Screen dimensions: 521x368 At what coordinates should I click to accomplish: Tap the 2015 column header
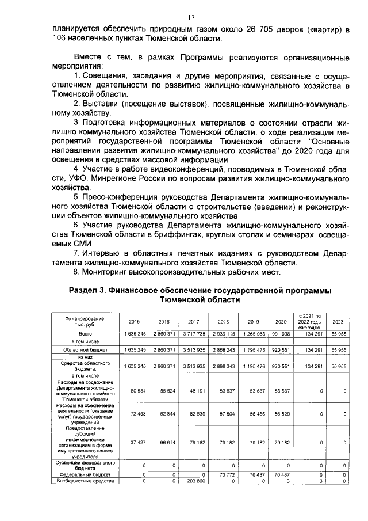click(x=134, y=322)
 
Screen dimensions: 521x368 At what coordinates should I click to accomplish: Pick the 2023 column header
click(x=338, y=322)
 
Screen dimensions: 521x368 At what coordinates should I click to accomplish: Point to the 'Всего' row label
click(x=86, y=334)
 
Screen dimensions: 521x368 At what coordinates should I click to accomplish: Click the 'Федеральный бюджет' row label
click(x=86, y=474)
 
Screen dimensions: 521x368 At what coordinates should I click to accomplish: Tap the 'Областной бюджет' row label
click(x=86, y=349)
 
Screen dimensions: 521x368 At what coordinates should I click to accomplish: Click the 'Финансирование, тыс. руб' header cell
click(x=86, y=321)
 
